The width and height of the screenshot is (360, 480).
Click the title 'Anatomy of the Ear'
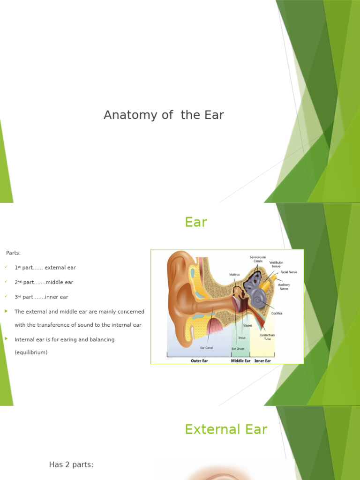pyautogui.click(x=164, y=115)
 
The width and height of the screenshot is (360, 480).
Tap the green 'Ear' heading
pyautogui.click(x=196, y=222)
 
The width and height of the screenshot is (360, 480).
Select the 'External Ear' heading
pyautogui.click(x=226, y=429)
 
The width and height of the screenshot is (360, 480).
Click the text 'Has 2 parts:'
pyautogui.click(x=71, y=465)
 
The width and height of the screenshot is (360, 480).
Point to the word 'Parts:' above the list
pyautogui.click(x=13, y=253)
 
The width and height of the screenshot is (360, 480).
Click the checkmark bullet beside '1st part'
pyautogui.click(x=6, y=267)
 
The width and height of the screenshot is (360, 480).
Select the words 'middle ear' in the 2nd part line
pyautogui.click(x=60, y=282)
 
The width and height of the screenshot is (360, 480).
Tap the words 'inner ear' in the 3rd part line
pyautogui.click(x=57, y=297)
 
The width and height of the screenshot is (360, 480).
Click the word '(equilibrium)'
pyautogui.click(x=31, y=352)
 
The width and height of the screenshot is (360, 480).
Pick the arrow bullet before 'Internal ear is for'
pyautogui.click(x=6, y=338)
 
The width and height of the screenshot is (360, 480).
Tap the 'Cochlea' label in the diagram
pyautogui.click(x=277, y=313)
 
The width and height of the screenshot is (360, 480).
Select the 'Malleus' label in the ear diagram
pyautogui.click(x=234, y=275)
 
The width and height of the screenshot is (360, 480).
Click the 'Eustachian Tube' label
pyautogui.click(x=268, y=337)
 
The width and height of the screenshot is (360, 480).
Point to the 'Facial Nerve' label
pyautogui.click(x=288, y=272)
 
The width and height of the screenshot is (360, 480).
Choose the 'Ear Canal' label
pyautogui.click(x=206, y=347)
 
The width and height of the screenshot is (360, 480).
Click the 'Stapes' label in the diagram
pyautogui.click(x=247, y=325)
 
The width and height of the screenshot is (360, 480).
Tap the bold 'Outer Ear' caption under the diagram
pyautogui.click(x=199, y=361)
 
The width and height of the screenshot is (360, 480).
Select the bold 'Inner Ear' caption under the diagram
pyautogui.click(x=262, y=361)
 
